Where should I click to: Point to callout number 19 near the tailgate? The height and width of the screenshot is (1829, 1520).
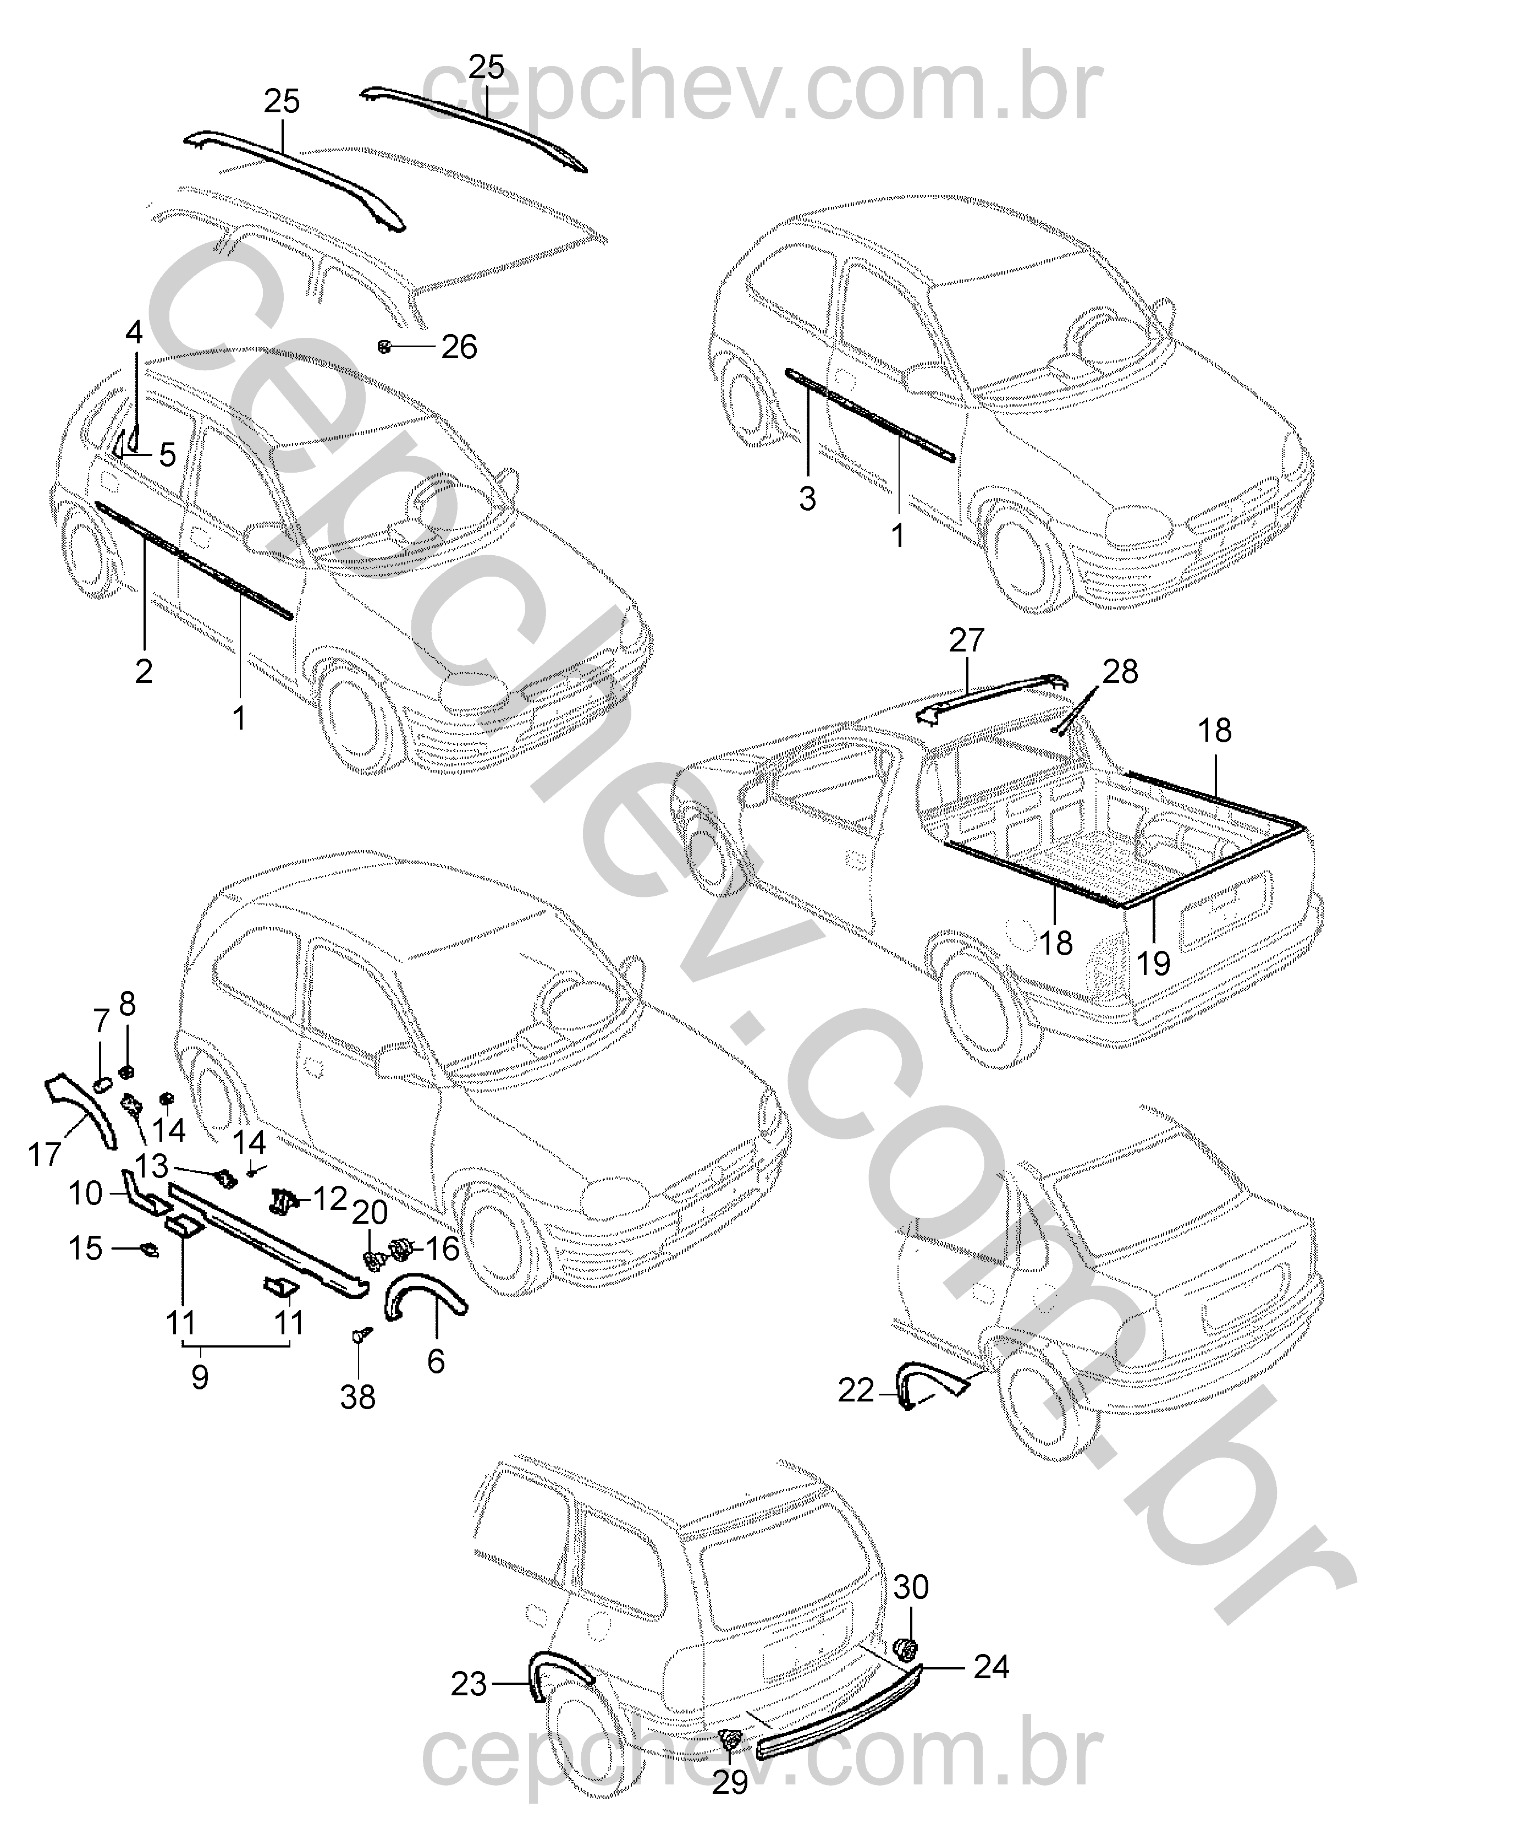(x=1154, y=963)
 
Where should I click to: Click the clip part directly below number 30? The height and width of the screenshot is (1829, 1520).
(x=906, y=1646)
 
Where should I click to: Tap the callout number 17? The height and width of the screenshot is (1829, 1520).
(x=45, y=1155)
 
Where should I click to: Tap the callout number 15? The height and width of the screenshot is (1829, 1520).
(x=85, y=1248)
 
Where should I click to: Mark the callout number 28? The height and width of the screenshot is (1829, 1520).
(x=1120, y=671)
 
